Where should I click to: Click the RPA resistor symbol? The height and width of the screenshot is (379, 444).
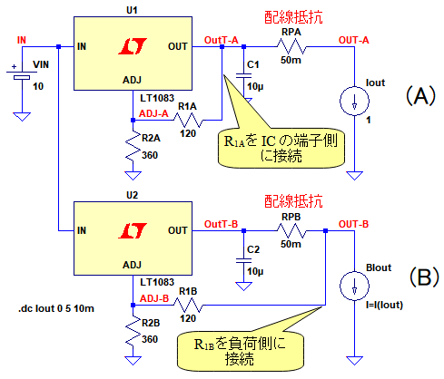point(291,47)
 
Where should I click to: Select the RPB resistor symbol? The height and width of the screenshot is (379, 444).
point(291,231)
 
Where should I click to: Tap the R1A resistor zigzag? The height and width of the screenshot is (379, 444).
point(188,121)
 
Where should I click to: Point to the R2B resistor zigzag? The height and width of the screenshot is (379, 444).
point(133,331)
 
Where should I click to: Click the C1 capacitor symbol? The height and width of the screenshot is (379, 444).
point(243,75)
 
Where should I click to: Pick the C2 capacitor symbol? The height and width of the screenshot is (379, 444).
point(243,261)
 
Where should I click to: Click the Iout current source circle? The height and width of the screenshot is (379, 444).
point(354,101)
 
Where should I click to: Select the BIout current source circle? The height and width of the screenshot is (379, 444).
point(354,286)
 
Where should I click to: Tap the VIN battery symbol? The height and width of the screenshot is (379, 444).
point(22,74)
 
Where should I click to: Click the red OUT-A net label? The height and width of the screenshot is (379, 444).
point(354,40)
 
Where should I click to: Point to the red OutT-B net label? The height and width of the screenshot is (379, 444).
point(222,224)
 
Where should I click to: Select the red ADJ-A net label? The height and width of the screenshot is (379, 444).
point(153,113)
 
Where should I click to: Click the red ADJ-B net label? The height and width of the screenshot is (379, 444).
point(154,298)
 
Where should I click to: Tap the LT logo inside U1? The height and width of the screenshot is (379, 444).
point(133,46)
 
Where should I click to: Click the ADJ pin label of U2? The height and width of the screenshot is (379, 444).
point(132,265)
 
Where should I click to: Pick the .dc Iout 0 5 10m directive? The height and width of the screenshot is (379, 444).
point(56,308)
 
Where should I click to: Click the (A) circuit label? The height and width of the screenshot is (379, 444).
point(420,96)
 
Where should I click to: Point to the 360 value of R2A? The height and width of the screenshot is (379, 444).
point(150,155)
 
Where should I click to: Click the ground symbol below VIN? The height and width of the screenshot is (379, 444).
point(22,117)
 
